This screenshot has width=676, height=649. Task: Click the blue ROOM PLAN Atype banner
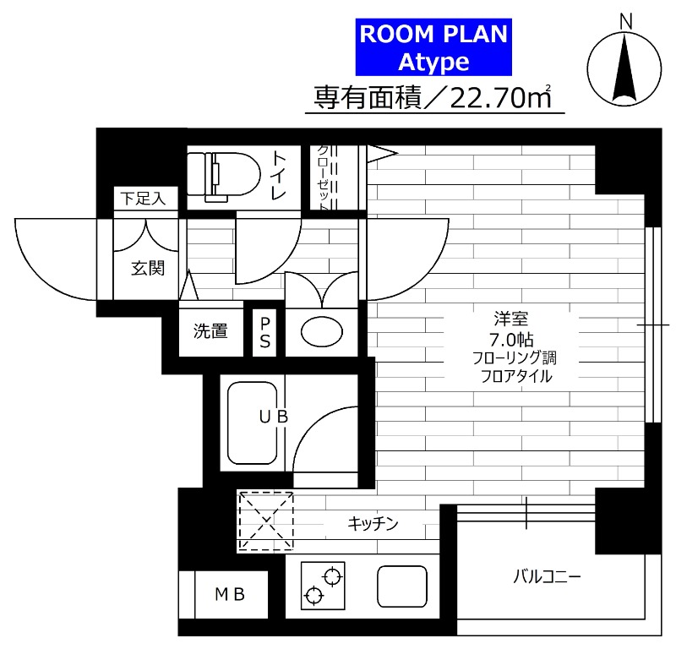pyautogui.click(x=433, y=47)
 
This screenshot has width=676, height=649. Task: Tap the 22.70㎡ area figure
pyautogui.click(x=500, y=98)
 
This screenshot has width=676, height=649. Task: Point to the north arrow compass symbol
pyautogui.click(x=624, y=65)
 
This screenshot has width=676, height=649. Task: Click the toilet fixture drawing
pyautogui.click(x=224, y=177)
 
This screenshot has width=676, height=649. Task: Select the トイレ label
pyautogui.click(x=278, y=176)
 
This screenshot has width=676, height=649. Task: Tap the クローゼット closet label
pyautogui.click(x=324, y=177)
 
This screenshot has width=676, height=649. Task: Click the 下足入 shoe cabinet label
pyautogui.click(x=143, y=199)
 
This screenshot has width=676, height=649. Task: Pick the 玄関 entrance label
pyautogui.click(x=148, y=268)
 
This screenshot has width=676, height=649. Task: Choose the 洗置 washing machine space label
pyautogui.click(x=210, y=330)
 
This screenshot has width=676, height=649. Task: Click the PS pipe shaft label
pyautogui.click(x=264, y=333)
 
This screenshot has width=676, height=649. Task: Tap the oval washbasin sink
pyautogui.click(x=322, y=332)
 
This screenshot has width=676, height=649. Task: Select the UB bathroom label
pyautogui.click(x=273, y=417)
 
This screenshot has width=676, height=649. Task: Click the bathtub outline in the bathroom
pyautogui.click(x=252, y=423)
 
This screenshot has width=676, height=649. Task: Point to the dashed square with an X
pyautogui.click(x=266, y=521)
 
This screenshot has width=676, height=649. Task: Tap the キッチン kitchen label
pyautogui.click(x=373, y=524)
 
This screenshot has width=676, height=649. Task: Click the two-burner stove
pyautogui.click(x=323, y=585)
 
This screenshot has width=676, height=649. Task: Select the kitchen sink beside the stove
pyautogui.click(x=402, y=586)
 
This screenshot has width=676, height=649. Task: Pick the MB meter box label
pyautogui.click(x=230, y=594)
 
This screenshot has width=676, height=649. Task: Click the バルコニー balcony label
pyautogui.click(x=547, y=576)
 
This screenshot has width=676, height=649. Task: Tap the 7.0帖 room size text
pyautogui.click(x=511, y=340)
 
